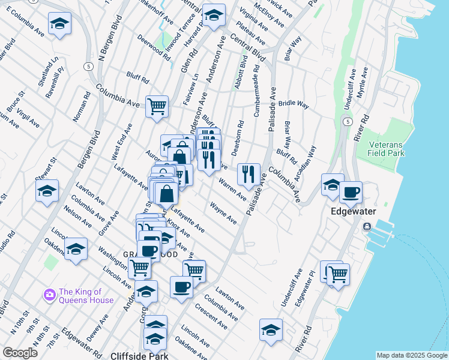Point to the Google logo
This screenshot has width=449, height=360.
click(20, 353)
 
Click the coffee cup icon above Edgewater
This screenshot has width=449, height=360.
click(351, 193)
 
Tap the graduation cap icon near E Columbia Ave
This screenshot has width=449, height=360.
click(59, 24)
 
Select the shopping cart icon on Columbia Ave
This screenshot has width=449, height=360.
click(157, 107)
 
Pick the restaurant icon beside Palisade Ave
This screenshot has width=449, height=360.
click(249, 175)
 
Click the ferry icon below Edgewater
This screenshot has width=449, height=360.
click(366, 227)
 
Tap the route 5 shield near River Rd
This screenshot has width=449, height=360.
click(348, 121)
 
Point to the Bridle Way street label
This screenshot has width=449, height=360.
click(293, 104)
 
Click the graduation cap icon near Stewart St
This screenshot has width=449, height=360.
click(46, 191)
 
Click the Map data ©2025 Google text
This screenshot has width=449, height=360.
click(411, 355)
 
